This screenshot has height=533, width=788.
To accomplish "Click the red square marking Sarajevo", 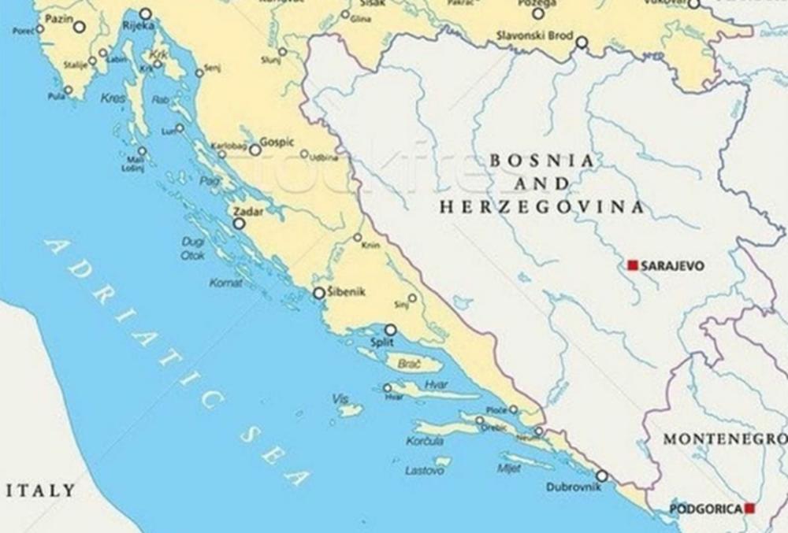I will (632, 265).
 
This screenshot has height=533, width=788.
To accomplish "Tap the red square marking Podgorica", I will (749, 509).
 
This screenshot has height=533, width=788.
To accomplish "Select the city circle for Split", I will (390, 330).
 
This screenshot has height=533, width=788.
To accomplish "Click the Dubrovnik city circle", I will (601, 476).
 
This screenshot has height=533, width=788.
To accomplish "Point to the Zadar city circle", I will (239, 224).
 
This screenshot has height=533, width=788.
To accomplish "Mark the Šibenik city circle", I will (319, 293).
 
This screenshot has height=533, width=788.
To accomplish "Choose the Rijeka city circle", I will (145, 13).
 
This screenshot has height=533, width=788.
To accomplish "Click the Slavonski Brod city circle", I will (582, 42).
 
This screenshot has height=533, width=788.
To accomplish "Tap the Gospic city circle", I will (255, 150).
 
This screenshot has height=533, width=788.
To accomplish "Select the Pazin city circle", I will (79, 27).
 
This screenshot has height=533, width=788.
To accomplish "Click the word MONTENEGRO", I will (724, 439).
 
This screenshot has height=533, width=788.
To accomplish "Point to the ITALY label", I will (41, 490).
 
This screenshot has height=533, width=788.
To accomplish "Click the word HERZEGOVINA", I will (541, 208).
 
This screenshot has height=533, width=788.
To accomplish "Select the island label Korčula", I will (426, 442).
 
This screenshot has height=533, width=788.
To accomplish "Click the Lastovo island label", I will (425, 470).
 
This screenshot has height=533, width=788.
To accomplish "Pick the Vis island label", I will (340, 399).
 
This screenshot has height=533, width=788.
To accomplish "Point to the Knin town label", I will (370, 246).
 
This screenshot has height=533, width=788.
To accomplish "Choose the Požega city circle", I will (538, 13).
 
